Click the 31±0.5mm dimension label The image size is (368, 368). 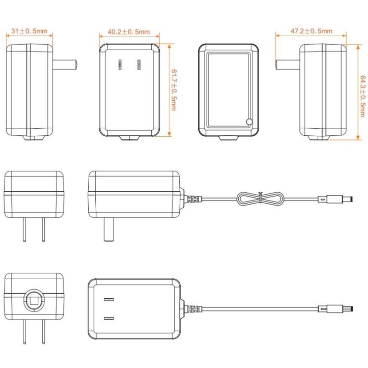click(x=29, y=31)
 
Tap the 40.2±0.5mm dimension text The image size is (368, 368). click(x=129, y=32)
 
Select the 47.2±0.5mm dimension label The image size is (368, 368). click(x=311, y=31)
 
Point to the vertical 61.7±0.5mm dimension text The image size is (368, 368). click(x=174, y=90)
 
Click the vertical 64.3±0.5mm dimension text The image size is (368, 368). click(x=362, y=96)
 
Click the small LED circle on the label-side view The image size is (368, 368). click(x=249, y=122)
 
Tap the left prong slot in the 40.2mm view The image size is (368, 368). click(x=120, y=65)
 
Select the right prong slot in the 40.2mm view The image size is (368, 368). click(x=139, y=65)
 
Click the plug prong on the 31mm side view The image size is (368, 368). click(x=65, y=65)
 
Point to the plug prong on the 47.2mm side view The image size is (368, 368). click(x=287, y=64)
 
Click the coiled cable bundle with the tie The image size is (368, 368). click(x=260, y=199)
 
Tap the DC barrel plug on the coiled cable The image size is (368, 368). click(x=335, y=199)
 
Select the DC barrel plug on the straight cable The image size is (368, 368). click(x=336, y=308)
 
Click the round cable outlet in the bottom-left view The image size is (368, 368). click(x=34, y=301)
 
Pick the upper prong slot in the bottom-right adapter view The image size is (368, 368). click(x=109, y=299)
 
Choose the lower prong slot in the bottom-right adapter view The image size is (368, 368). click(x=109, y=318)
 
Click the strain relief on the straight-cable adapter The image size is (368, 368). click(x=191, y=308)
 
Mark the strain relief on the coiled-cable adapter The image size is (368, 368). click(x=191, y=199)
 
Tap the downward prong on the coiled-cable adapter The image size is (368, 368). click(x=109, y=229)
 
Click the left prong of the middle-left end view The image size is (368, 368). click(x=24, y=230)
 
